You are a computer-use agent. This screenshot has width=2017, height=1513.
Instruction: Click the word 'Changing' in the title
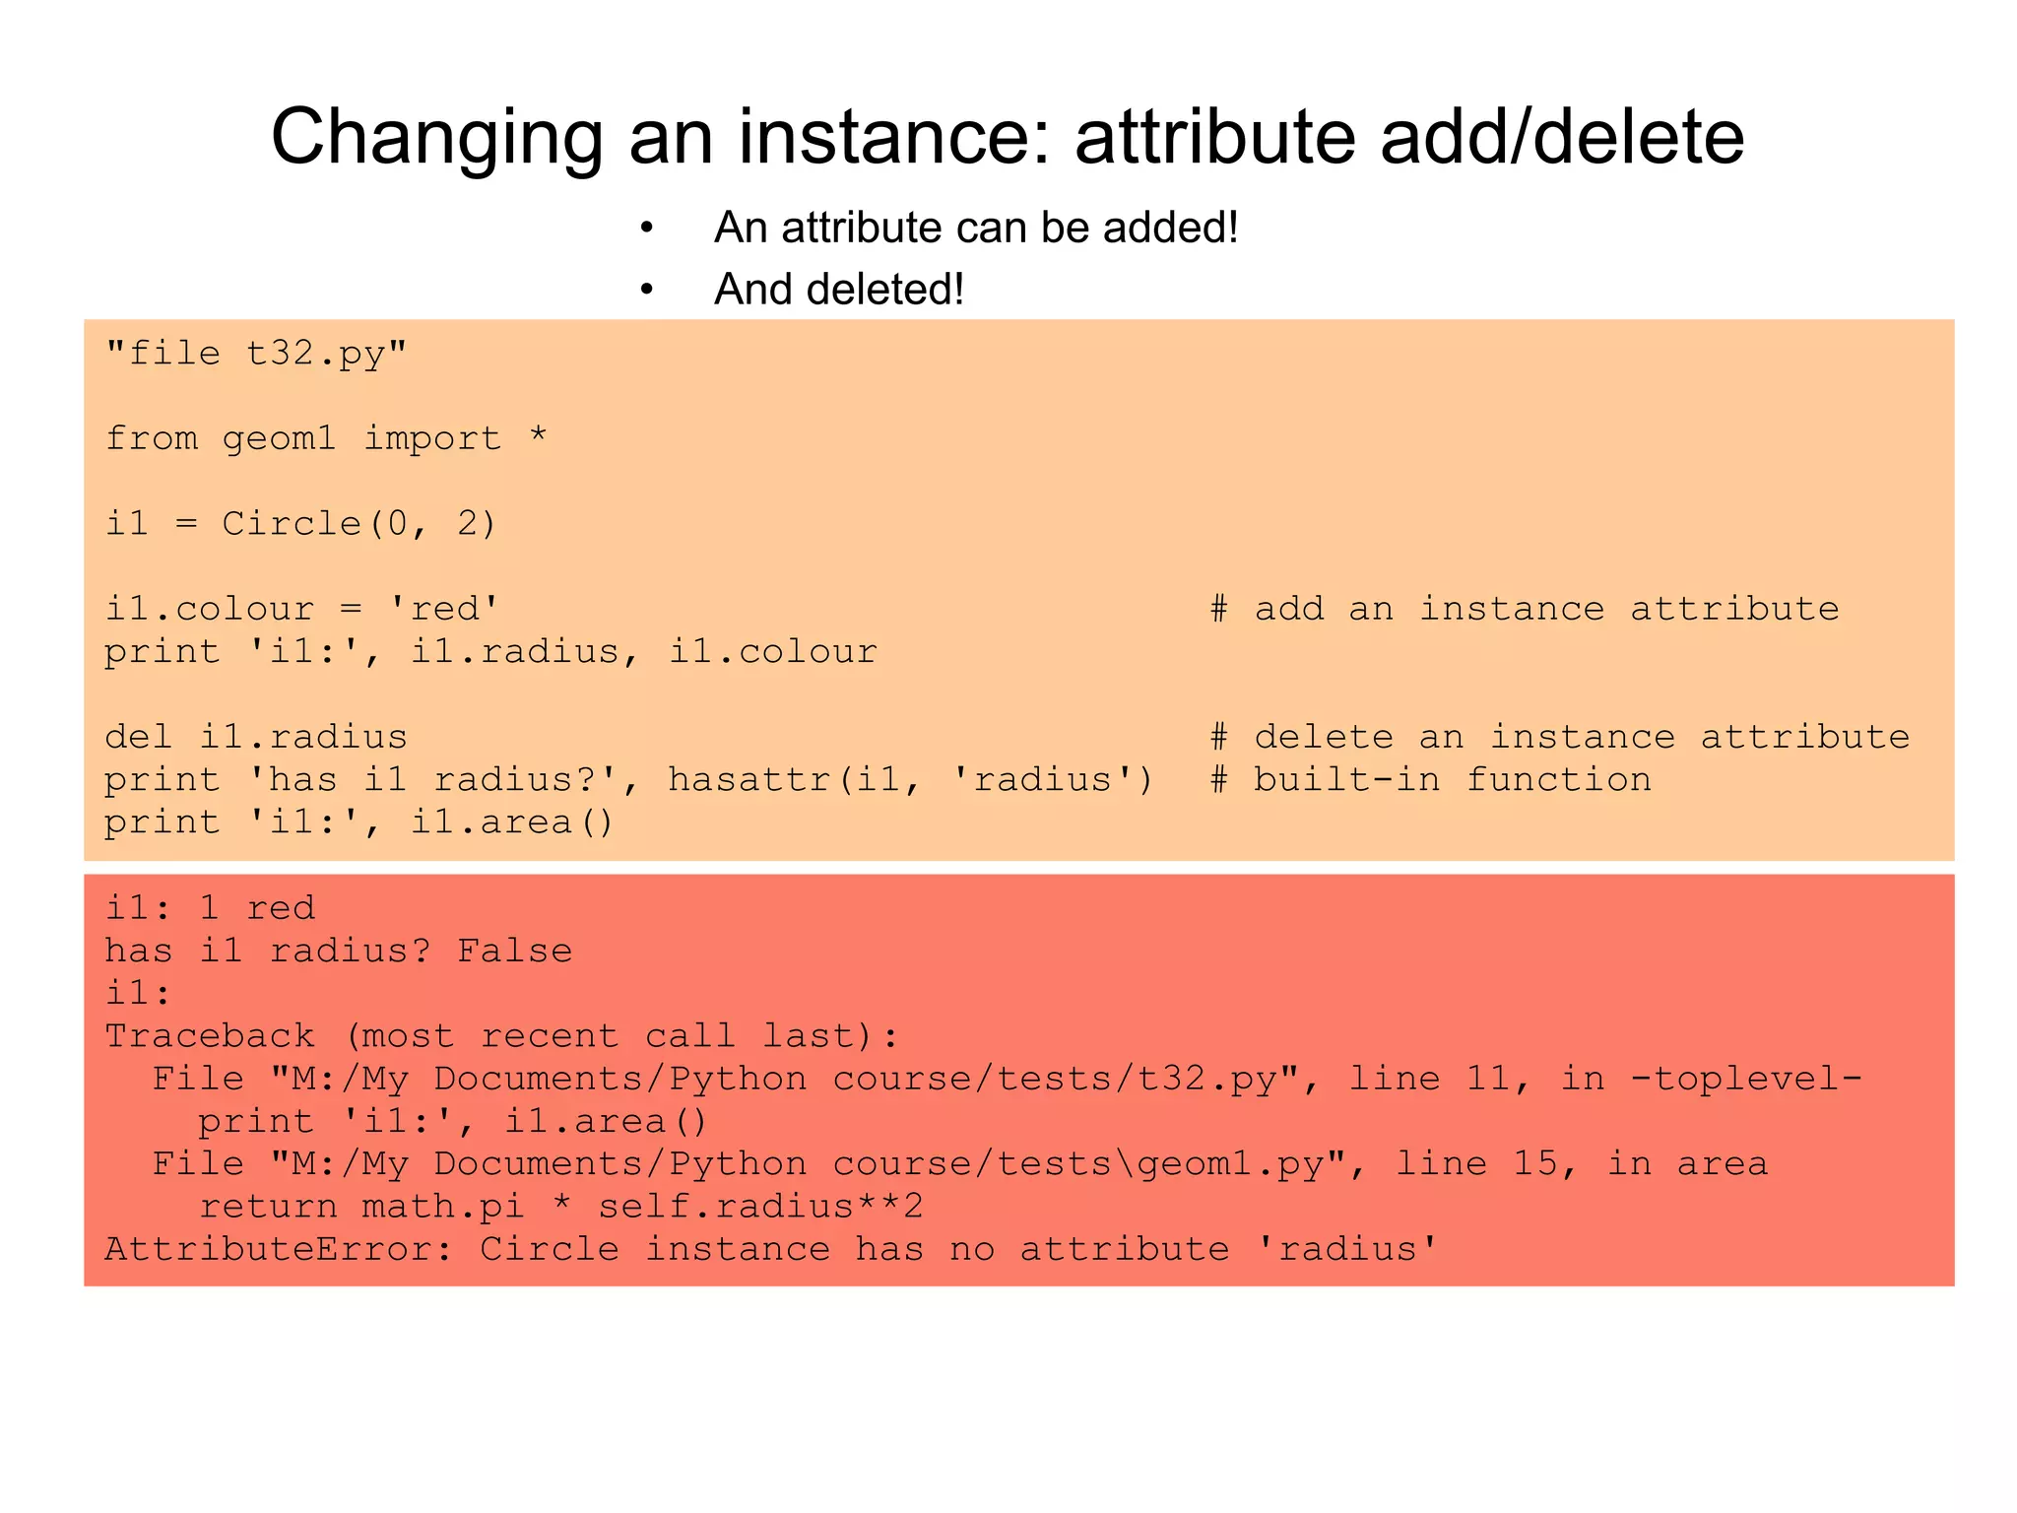pyautogui.click(x=436, y=138)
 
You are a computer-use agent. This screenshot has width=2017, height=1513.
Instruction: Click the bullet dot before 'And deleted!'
pyautogui.click(x=646, y=290)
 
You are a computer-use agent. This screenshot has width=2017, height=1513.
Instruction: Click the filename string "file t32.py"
pyautogui.click(x=256, y=353)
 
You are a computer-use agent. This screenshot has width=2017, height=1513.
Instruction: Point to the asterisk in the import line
pyautogui.click(x=538, y=436)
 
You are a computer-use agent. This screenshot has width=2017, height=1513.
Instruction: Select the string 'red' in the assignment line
pyautogui.click(x=444, y=609)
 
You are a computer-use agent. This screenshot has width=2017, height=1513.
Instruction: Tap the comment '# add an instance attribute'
pyautogui.click(x=1525, y=609)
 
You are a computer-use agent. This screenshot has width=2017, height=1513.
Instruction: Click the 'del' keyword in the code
pyautogui.click(x=138, y=737)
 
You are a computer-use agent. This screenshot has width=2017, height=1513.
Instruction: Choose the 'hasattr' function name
pyautogui.click(x=751, y=779)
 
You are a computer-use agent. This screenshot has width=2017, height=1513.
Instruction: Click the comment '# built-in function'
pyautogui.click(x=1430, y=779)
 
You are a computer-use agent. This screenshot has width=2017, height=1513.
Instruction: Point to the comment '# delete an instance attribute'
pyautogui.click(x=1559, y=737)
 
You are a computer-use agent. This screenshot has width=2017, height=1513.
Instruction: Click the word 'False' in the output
pyautogui.click(x=514, y=951)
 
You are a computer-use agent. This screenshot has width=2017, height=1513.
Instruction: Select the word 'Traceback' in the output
pyautogui.click(x=210, y=1036)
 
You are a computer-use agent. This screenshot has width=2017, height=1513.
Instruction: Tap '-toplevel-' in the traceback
pyautogui.click(x=1746, y=1079)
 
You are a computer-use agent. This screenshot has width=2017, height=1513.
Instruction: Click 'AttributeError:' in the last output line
pyautogui.click(x=279, y=1249)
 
